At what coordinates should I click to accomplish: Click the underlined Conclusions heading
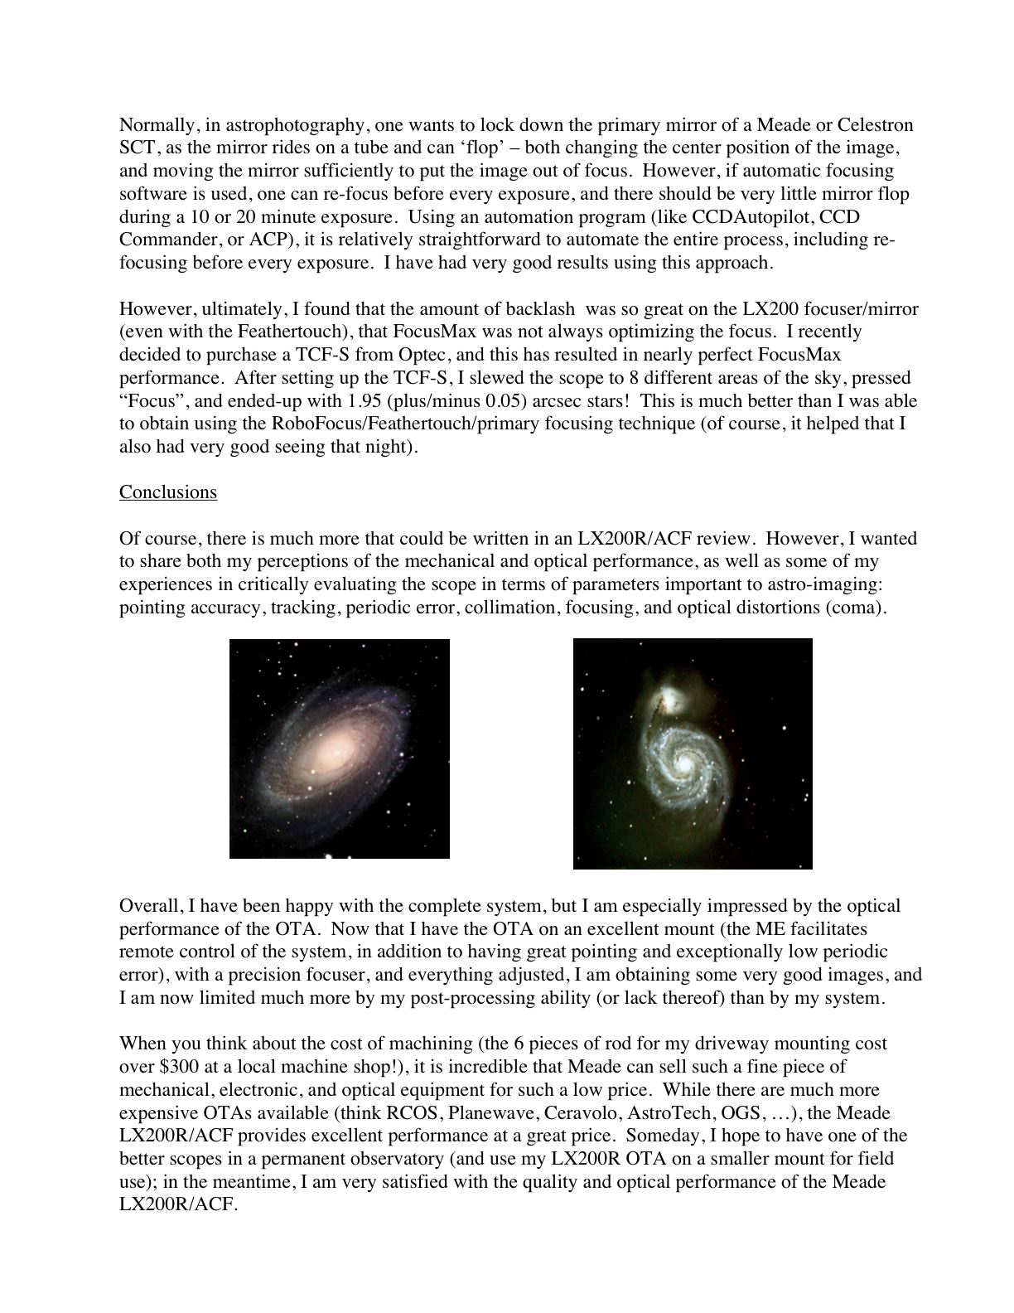coord(168,492)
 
